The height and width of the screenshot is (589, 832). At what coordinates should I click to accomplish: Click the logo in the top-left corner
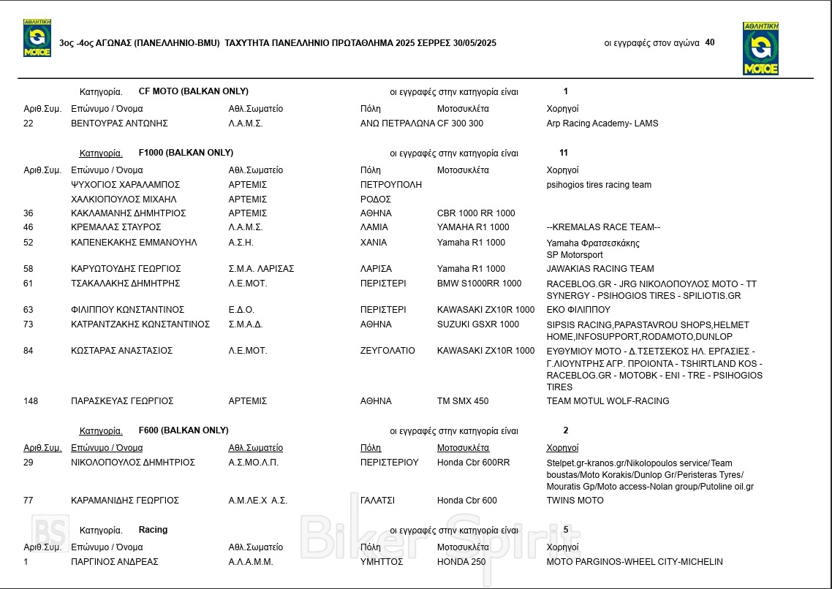(37, 38)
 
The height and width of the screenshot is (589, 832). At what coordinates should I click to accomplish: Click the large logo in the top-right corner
(760, 48)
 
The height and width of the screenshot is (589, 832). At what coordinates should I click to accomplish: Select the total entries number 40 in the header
(710, 42)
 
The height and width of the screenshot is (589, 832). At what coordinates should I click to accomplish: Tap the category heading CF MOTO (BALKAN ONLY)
(193, 91)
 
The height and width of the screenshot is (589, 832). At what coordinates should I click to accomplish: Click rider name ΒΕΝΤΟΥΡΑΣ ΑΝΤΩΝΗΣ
(119, 123)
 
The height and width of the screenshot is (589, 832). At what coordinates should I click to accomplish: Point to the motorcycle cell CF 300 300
(460, 123)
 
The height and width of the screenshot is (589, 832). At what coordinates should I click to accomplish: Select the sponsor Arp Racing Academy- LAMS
(602, 123)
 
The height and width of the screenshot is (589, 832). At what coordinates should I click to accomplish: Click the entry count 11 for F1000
(563, 153)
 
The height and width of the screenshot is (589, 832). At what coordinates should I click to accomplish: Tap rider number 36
(29, 213)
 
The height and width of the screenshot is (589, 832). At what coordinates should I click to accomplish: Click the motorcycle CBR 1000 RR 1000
(476, 213)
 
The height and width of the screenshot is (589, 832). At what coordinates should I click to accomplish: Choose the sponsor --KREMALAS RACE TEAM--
(603, 227)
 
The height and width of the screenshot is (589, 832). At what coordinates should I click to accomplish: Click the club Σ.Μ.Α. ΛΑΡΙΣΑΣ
(261, 269)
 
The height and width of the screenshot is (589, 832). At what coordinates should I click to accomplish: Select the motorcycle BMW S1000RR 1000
(479, 284)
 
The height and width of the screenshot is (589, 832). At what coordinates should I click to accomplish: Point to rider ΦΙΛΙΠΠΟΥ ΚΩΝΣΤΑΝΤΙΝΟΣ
(127, 310)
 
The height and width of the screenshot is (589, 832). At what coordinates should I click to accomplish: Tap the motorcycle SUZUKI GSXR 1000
(477, 324)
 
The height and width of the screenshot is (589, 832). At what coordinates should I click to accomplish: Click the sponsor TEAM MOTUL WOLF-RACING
(608, 401)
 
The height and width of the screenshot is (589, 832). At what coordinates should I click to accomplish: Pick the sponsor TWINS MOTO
(575, 501)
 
